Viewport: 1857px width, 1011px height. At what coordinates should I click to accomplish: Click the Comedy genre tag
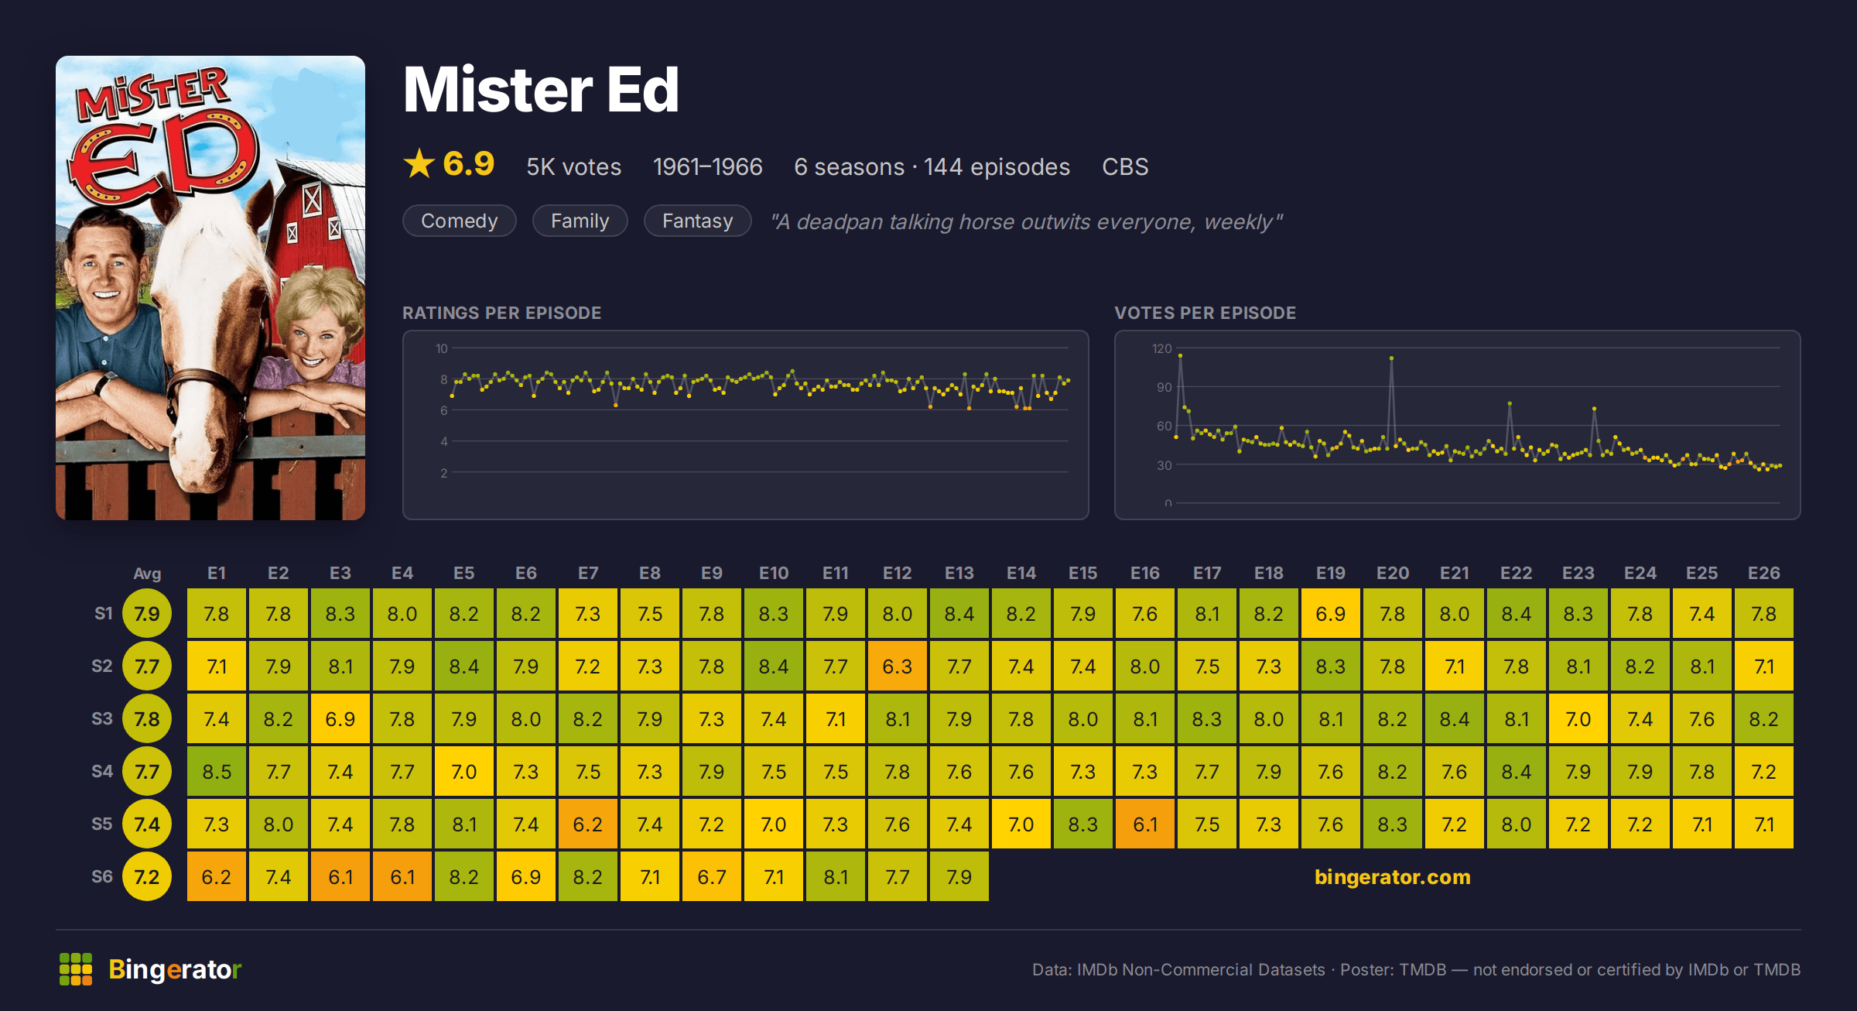pyautogui.click(x=459, y=221)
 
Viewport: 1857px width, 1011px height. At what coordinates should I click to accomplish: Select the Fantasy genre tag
pyautogui.click(x=697, y=221)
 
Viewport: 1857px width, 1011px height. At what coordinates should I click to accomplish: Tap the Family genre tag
pyautogui.click(x=580, y=221)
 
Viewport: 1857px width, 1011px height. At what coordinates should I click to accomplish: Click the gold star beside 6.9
pyautogui.click(x=419, y=163)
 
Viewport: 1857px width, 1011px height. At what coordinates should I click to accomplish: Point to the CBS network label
pyautogui.click(x=1125, y=166)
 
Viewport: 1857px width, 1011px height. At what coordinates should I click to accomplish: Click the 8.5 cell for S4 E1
pyautogui.click(x=217, y=772)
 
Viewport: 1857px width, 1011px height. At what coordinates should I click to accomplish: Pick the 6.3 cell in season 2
pyautogui.click(x=898, y=667)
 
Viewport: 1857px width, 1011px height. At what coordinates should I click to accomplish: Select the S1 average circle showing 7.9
pyautogui.click(x=147, y=614)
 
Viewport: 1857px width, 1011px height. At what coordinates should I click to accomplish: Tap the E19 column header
pyautogui.click(x=1331, y=573)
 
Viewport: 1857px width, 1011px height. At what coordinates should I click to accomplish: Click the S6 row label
pyautogui.click(x=102, y=876)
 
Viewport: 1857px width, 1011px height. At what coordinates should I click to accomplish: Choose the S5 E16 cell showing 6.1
pyautogui.click(x=1145, y=824)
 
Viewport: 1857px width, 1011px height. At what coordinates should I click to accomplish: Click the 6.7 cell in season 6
pyautogui.click(x=712, y=877)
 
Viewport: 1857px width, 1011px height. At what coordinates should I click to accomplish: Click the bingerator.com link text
pyautogui.click(x=1393, y=876)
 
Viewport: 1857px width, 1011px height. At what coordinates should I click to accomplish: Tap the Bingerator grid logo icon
pyautogui.click(x=76, y=969)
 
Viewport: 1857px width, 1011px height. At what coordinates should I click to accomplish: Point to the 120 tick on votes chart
pyautogui.click(x=1161, y=348)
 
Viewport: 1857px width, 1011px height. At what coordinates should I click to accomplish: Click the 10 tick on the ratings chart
pyautogui.click(x=441, y=348)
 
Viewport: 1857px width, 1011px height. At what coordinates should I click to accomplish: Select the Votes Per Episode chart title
pyautogui.click(x=1205, y=313)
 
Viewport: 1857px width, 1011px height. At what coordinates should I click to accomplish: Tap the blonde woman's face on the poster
pyautogui.click(x=313, y=341)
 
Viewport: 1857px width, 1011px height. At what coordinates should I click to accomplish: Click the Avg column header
pyautogui.click(x=147, y=574)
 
